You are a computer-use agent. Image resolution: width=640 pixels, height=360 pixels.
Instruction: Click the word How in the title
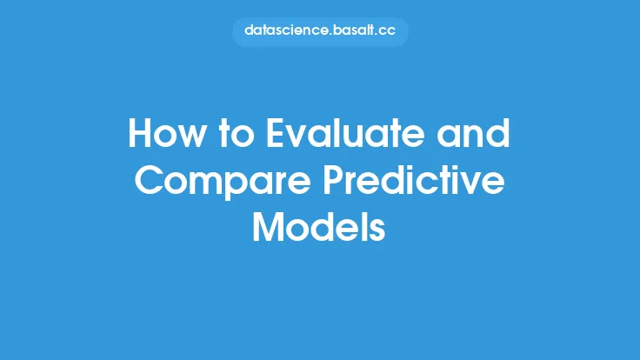165,133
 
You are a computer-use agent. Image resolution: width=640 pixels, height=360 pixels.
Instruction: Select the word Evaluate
345,133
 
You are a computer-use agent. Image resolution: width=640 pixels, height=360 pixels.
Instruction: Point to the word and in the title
473,133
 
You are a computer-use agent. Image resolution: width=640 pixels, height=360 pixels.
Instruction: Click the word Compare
223,182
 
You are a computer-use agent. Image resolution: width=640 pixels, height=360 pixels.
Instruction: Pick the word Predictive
414,180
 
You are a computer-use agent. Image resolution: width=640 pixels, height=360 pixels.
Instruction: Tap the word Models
319,227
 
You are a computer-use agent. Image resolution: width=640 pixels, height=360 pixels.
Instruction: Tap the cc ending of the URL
387,31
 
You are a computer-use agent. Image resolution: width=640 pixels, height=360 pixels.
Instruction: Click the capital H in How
140,133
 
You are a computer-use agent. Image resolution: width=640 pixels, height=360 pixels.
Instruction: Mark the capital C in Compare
148,180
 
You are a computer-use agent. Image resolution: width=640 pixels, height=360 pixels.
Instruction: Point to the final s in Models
378,231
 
